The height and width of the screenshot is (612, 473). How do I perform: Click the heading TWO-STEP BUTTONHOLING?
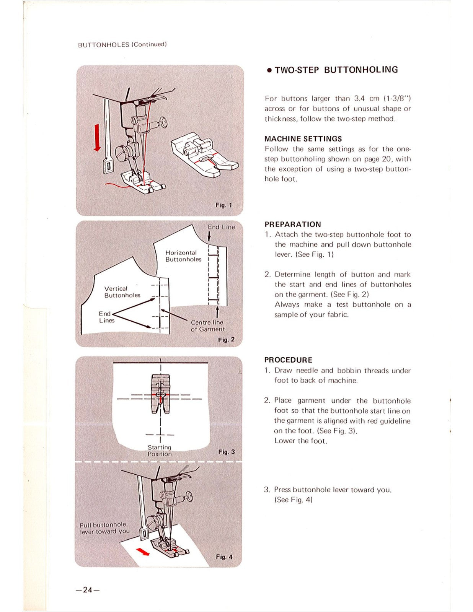(x=336, y=70)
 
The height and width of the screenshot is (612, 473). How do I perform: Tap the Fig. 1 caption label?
(x=223, y=205)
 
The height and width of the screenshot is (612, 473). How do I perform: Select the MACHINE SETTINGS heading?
(x=303, y=139)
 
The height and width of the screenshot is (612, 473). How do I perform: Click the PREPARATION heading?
(x=293, y=225)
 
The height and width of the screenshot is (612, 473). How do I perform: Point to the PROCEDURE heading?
(x=288, y=360)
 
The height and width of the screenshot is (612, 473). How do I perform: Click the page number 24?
(x=88, y=590)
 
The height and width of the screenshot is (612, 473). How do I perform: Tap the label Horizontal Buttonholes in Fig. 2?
(x=183, y=256)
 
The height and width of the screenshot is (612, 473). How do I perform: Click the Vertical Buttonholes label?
(x=122, y=292)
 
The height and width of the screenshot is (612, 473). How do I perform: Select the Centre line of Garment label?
(x=208, y=326)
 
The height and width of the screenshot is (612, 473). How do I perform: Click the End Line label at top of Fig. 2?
(x=221, y=227)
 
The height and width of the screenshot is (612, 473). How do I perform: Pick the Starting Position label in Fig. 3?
(x=160, y=451)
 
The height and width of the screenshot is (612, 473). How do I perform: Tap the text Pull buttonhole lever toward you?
(x=104, y=528)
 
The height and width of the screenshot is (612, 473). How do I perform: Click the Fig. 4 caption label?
(x=224, y=557)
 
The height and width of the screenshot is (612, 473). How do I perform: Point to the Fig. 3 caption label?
(x=226, y=452)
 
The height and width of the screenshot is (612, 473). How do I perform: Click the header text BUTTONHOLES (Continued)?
(x=122, y=44)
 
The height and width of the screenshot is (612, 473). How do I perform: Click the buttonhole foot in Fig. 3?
(x=160, y=394)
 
